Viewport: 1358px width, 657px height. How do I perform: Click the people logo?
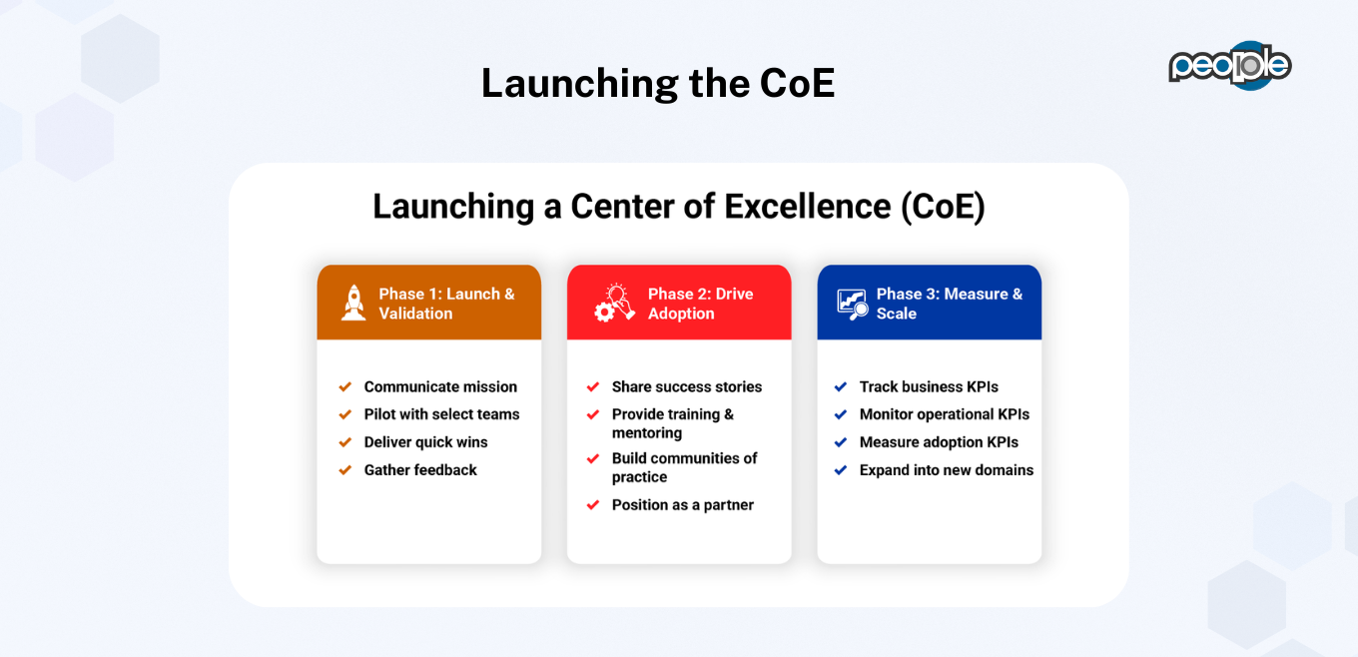coord(1229,66)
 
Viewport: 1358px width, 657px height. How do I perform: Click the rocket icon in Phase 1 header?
coord(353,303)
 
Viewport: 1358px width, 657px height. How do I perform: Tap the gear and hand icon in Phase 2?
coord(614,303)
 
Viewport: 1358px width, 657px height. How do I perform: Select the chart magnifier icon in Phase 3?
coord(853,304)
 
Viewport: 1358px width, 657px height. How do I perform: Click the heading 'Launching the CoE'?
coord(658,83)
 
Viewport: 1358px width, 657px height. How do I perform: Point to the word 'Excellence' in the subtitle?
coord(808,206)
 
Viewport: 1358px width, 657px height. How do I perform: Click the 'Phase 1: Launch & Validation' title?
coord(446,304)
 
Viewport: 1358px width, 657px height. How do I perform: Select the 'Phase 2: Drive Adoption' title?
coord(700,304)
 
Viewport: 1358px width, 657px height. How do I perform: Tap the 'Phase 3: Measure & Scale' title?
coord(950,304)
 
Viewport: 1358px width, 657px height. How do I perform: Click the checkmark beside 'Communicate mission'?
coord(344,386)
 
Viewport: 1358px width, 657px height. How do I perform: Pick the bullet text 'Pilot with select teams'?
coord(441,414)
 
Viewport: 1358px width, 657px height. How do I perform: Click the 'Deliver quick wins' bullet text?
coord(425,442)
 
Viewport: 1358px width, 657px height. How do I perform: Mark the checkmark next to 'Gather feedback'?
coord(344,469)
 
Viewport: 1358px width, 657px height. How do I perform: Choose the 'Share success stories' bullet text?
coord(686,386)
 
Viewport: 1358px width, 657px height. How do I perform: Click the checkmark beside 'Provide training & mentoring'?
coord(593,414)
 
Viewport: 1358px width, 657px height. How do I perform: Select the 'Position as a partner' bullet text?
coord(682,505)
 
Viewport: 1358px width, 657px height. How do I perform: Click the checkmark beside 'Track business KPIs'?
coord(841,386)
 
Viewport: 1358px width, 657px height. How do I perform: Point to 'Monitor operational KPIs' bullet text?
coord(944,414)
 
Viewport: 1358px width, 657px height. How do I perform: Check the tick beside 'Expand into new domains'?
coord(841,469)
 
